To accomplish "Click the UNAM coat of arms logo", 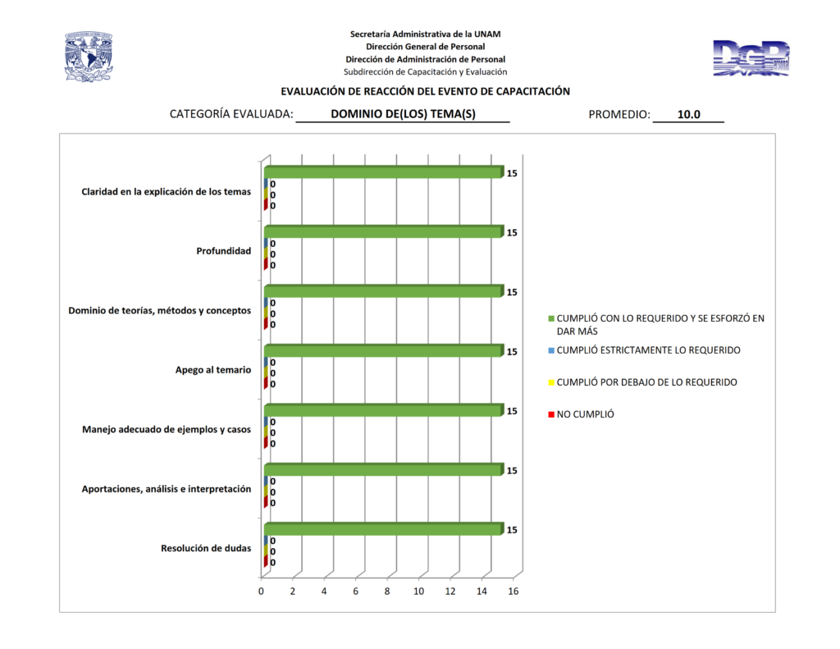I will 88,57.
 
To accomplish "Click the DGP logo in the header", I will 751,58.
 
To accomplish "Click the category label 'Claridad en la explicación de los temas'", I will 166,192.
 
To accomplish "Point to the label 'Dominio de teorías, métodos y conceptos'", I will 159,310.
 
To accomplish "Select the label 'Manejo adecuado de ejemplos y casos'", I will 167,429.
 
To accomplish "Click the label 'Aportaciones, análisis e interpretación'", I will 166,489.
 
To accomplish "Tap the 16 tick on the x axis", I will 514,591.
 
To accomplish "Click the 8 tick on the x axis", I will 387,591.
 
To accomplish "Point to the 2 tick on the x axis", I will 293,591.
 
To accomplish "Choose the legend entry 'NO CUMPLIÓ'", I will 585,414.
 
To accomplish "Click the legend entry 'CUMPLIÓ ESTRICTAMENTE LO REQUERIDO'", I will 648,350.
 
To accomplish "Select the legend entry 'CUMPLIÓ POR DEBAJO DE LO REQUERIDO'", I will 646,382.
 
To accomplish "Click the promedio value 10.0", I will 688,115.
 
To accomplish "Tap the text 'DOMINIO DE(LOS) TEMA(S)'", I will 403,115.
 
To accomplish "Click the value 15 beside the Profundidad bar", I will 512,233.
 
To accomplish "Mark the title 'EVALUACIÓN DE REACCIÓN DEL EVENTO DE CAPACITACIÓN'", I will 425,92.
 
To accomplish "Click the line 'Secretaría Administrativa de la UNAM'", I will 425,34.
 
